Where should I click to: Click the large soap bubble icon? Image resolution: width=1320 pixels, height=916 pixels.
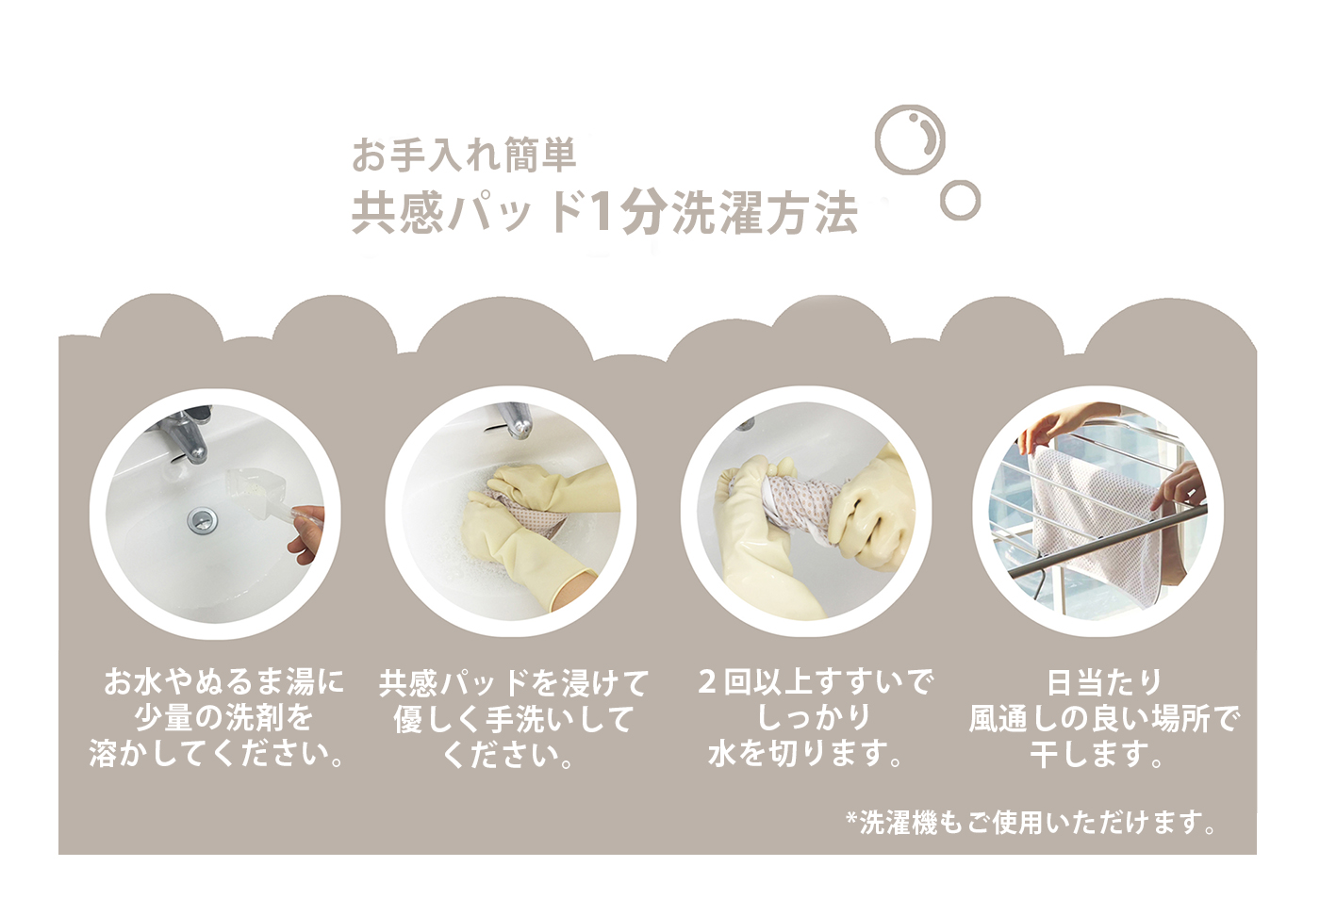876,141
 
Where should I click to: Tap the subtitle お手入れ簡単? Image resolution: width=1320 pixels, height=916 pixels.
464,155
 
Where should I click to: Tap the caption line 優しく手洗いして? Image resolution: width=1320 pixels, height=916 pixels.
513,719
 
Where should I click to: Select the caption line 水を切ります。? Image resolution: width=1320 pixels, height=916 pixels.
805,754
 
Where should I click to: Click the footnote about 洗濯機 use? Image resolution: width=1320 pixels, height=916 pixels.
1031,823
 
